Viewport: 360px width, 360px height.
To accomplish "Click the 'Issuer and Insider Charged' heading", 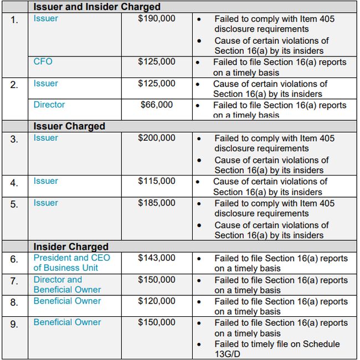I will pos(97,7).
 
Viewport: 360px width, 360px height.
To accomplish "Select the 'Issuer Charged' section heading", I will pos(69,126).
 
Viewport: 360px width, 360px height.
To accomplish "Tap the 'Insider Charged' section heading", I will pos(71,246).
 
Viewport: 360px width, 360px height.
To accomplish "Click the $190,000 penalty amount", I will pos(157,18).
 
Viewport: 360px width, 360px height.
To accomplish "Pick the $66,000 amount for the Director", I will pos(157,105).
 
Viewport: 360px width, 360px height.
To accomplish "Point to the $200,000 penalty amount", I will pos(157,138).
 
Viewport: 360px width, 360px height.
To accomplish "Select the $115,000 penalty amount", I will pos(157,181).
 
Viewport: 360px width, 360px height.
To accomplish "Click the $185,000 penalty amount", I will pos(157,203).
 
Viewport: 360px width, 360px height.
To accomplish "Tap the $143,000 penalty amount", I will pos(157,258).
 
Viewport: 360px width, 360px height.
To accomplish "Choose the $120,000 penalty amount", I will pos(157,301).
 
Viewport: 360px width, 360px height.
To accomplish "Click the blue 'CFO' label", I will pos(43,61).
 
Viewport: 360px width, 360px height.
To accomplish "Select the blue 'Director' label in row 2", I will pos(49,105).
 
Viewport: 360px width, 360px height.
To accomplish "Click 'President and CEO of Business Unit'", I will pos(71,263).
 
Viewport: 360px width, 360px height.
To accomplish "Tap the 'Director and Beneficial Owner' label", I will pos(67,285).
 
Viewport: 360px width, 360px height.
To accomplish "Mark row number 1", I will pos(14,20).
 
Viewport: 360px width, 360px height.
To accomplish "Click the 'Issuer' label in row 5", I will pos(45,203).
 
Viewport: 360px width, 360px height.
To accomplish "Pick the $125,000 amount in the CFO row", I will pos(157,61).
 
